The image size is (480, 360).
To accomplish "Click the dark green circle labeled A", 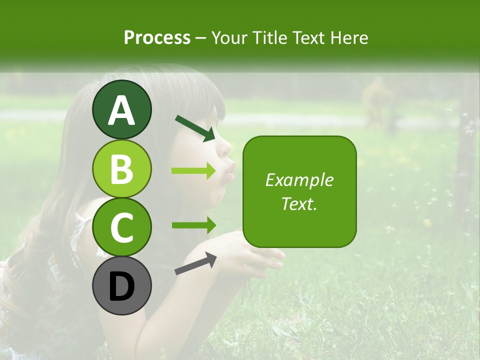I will click(x=121, y=110).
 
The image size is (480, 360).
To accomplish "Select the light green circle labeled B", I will click(x=121, y=168).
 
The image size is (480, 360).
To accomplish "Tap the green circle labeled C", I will click(x=121, y=227).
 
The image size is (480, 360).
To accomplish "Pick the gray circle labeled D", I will click(x=121, y=285).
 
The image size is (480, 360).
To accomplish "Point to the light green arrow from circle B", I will click(x=193, y=171).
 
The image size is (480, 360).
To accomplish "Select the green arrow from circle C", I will click(x=193, y=225).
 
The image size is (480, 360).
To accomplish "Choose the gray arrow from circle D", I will click(x=195, y=263).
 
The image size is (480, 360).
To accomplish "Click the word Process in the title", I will click(x=157, y=37).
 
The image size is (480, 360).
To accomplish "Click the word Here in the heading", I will click(x=349, y=37).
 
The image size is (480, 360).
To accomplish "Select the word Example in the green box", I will click(x=299, y=180).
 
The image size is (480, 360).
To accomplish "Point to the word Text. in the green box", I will click(x=299, y=203).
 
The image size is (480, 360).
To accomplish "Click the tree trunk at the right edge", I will click(x=465, y=150).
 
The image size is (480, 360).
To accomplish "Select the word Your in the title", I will click(x=230, y=37).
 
